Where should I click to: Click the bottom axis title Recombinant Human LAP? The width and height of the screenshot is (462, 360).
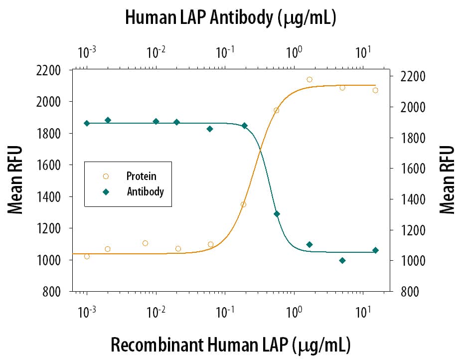pos(230,345)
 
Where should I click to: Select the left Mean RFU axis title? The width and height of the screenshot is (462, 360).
pos(16,180)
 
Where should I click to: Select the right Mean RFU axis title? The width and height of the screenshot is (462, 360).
pos(447,180)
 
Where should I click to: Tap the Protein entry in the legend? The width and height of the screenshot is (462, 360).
pos(141,176)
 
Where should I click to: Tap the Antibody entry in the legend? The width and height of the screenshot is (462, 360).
pos(145,191)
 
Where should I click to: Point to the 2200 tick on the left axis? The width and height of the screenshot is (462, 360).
pos(49,70)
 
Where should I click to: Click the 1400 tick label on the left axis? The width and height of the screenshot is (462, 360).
pos(49,197)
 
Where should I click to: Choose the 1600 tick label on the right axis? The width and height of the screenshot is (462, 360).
pos(414,169)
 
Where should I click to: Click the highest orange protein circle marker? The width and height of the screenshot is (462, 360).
pos(309,79)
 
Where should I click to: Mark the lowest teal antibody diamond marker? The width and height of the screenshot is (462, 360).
pos(342,260)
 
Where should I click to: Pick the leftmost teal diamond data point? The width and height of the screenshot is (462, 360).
pos(87,123)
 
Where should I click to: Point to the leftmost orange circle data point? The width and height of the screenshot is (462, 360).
pos(87,256)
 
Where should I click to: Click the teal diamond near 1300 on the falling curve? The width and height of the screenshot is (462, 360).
pos(277,214)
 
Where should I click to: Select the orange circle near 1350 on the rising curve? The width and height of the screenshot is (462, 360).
pos(243,204)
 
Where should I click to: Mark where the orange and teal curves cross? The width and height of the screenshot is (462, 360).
pos(260,151)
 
